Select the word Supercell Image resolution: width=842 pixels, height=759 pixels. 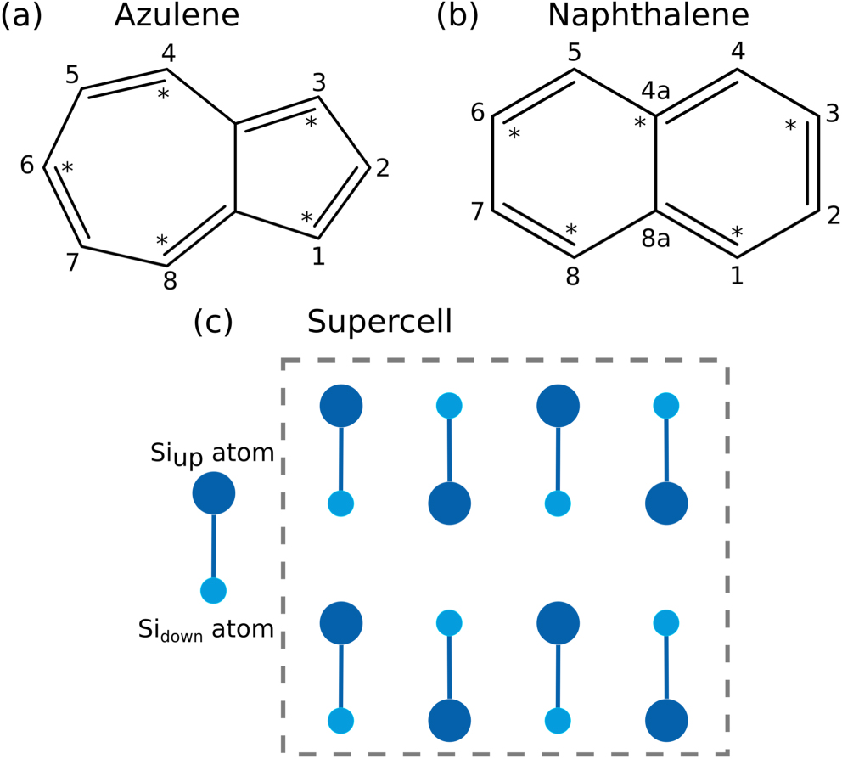pyautogui.click(x=379, y=323)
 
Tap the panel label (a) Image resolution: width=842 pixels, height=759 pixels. pyautogui.click(x=21, y=16)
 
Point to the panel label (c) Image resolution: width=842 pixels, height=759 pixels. pyautogui.click(x=212, y=323)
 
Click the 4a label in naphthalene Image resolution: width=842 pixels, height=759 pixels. pyautogui.click(x=655, y=91)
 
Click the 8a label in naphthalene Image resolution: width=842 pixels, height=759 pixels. pyautogui.click(x=655, y=239)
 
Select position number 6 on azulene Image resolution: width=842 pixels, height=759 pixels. pyautogui.click(x=26, y=167)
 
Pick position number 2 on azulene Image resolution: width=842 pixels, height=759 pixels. pyautogui.click(x=382, y=168)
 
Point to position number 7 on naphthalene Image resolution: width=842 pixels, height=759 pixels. pyautogui.click(x=477, y=211)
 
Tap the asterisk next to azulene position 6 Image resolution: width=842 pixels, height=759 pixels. pyautogui.click(x=67, y=168)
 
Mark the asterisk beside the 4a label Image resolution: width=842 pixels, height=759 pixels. pyautogui.click(x=640, y=124)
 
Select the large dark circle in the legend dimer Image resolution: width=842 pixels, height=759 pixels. pyautogui.click(x=214, y=493)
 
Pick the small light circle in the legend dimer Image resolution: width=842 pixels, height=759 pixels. pyautogui.click(x=212, y=589)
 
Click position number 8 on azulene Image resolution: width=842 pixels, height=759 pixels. pyautogui.click(x=169, y=281)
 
